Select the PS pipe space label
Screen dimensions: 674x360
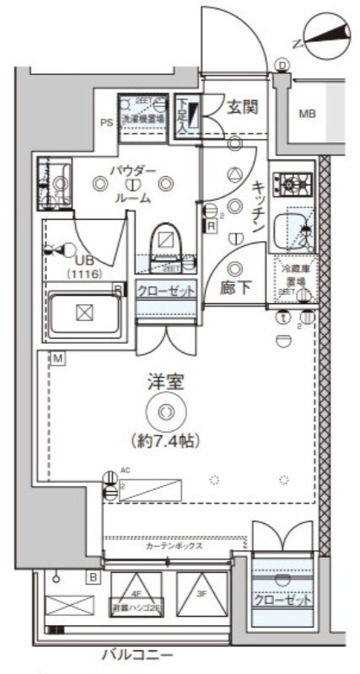(x=107, y=122)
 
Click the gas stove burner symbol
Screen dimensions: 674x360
(x=296, y=180)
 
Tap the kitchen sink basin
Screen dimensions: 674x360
(x=296, y=226)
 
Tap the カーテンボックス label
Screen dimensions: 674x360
(x=173, y=546)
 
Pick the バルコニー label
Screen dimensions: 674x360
(x=138, y=654)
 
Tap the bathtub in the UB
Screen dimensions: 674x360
(x=83, y=313)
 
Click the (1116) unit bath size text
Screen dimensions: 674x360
(x=84, y=275)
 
